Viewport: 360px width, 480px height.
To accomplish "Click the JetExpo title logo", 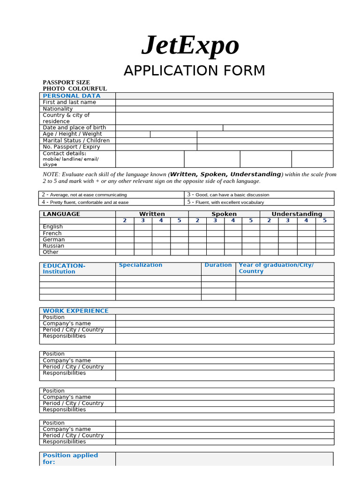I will (x=190, y=45).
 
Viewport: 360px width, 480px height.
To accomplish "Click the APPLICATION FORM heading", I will (x=194, y=71).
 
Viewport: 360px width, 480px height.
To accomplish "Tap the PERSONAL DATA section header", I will (x=71, y=96).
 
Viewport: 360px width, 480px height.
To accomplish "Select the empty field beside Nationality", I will (x=224, y=109).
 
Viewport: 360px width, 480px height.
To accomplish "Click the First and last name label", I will (x=69, y=102).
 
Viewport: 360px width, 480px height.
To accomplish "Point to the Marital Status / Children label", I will (x=76, y=141).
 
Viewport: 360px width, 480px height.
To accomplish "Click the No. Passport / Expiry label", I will (x=71, y=147).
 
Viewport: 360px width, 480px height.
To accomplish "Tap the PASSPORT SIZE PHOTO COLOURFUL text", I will (x=75, y=85).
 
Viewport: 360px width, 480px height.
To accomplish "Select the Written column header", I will (x=152, y=214).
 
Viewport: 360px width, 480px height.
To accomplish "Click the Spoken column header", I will (x=224, y=214).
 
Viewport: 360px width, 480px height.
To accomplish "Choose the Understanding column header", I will (x=297, y=214).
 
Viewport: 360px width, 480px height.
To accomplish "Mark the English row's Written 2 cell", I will (x=125, y=227).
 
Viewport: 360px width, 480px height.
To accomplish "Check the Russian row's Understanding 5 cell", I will (x=324, y=246).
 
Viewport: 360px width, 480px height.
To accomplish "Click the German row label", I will (x=54, y=240).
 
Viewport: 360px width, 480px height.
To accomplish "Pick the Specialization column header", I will (x=141, y=265).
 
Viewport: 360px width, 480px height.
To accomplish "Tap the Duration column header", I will (x=218, y=265).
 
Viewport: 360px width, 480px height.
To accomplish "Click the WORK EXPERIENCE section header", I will (x=75, y=311).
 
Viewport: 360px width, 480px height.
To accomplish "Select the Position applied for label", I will (x=70, y=458).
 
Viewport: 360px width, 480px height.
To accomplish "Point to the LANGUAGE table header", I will (x=61, y=214).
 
